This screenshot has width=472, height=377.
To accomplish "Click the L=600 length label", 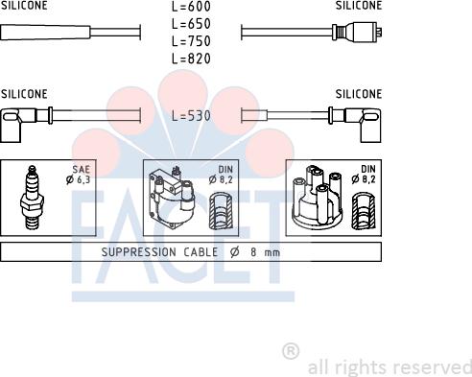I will coord(191,7).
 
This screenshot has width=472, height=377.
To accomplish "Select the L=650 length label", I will coord(191,24).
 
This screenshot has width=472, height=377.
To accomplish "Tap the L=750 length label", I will coord(191,41).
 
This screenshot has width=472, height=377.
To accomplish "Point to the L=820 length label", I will coord(191,59).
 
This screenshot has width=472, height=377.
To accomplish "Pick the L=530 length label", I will coord(191,115).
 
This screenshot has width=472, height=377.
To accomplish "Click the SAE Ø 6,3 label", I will coord(79,174).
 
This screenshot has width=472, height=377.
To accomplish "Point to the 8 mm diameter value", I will coord(266,252).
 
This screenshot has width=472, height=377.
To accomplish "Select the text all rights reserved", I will coord(389,367).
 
